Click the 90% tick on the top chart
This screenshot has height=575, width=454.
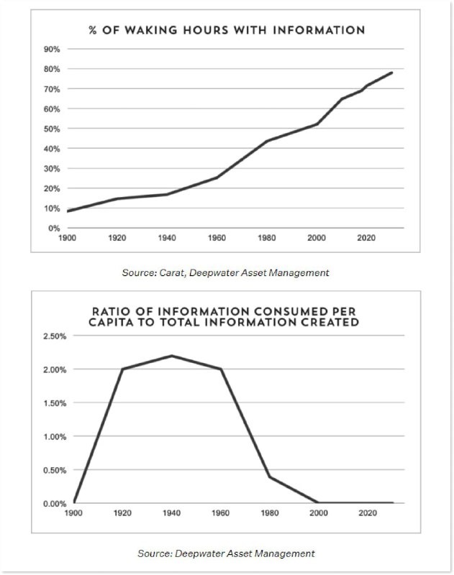(x=53, y=49)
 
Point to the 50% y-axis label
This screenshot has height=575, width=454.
(x=53, y=129)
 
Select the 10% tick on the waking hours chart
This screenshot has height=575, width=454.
(x=53, y=208)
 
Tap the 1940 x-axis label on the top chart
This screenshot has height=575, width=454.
(x=167, y=237)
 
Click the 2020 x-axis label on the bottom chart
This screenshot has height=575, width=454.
(x=367, y=513)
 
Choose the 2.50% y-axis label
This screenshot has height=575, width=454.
(x=54, y=336)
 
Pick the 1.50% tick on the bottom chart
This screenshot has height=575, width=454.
(x=54, y=402)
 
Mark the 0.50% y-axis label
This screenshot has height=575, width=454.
(x=54, y=470)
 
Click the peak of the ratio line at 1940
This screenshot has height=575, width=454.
(x=171, y=356)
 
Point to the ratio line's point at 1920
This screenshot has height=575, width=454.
(x=122, y=369)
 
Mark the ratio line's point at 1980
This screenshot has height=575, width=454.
(x=269, y=477)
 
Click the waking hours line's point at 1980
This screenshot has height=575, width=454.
(x=266, y=141)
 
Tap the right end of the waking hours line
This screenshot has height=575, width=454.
(x=391, y=73)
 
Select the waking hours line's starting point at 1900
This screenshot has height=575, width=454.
(x=68, y=211)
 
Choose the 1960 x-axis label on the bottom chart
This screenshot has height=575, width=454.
(x=220, y=513)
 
